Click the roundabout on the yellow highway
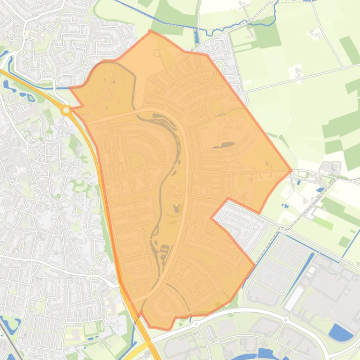pyautogui.click(x=66, y=110)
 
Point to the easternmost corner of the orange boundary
pyautogui.click(x=291, y=171)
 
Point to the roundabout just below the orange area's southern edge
pyautogui.click(x=196, y=323)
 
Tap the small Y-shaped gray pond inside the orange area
pyautogui.click(x=177, y=207)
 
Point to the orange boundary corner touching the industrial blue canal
pyautogui.click(x=254, y=266)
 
